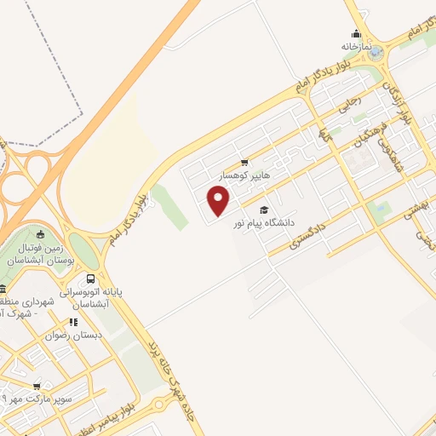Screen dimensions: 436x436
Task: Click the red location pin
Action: click(x=220, y=201)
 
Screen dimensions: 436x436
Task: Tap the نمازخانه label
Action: click(x=359, y=46)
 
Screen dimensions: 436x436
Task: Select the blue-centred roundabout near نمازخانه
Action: click(x=376, y=53)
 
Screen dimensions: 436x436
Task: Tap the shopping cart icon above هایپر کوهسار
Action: click(x=245, y=162)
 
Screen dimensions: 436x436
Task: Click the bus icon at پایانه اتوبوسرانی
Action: click(x=91, y=278)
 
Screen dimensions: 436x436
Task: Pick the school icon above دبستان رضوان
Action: click(x=74, y=323)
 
